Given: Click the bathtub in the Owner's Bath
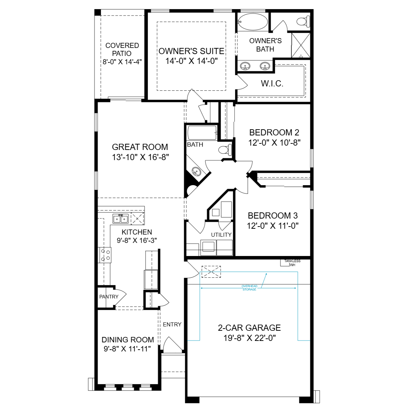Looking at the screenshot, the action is tap(253, 22).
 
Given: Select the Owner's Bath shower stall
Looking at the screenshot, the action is tap(301, 45).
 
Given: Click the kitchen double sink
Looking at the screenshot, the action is tap(121, 219).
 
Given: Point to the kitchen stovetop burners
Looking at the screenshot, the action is tap(105, 255).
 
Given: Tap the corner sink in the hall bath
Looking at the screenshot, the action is tap(196, 171).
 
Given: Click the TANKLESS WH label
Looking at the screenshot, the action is tap(293, 263).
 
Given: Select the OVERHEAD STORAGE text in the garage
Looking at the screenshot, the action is tap(249, 288).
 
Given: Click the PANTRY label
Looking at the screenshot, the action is tap(109, 297).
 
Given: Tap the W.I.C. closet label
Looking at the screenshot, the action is tap(272, 84).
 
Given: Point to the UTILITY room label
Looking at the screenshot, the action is tap(221, 235).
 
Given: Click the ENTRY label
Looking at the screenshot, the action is tap(172, 325).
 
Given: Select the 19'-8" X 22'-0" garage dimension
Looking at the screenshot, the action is tap(250, 338).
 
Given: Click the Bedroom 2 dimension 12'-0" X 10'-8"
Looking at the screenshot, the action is tap(274, 143).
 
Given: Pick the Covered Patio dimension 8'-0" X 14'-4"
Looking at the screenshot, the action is tap(122, 62).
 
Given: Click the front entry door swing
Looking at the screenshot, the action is tap(172, 344).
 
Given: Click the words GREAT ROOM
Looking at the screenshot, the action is tap(140, 147).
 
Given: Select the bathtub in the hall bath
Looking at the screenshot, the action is tap(202, 133).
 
